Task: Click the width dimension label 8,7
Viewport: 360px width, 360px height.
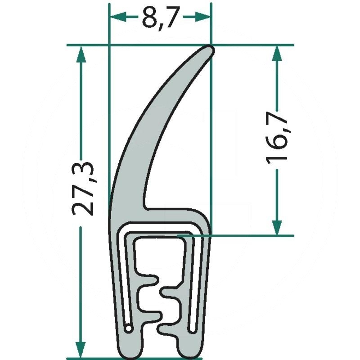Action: pyautogui.click(x=160, y=18)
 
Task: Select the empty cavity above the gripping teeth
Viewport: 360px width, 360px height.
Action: pyautogui.click(x=160, y=256)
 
